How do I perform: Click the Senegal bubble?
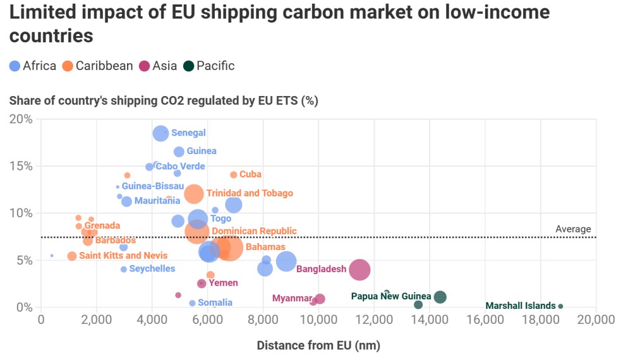161,133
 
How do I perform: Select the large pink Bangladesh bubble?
359,270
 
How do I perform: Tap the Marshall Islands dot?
560,306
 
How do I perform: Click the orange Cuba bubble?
234,174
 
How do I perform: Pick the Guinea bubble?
179,152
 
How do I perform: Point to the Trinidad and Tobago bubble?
194,194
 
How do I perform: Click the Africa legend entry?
33,66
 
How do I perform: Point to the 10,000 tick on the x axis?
318,320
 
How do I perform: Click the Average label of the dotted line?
573,229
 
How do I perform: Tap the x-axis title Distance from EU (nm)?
318,345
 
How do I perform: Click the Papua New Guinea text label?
390,296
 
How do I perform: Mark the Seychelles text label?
152,269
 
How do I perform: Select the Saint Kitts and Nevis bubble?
72,256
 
